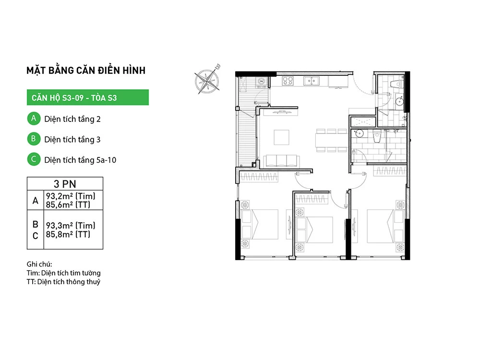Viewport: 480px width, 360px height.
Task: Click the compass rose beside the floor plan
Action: (207, 81)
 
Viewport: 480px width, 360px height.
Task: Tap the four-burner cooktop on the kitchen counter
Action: (288, 81)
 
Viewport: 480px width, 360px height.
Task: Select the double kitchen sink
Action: (312, 81)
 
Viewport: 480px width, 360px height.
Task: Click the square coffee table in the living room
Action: (282, 137)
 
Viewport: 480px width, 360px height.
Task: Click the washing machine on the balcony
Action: (261, 82)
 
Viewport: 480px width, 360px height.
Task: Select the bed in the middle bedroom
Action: (314, 230)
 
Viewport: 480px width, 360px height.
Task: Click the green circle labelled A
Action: (34, 119)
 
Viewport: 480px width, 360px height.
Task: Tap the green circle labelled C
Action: (34, 159)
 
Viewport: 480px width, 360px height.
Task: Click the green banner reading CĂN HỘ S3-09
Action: (88, 97)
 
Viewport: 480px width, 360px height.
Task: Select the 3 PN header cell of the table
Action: (65, 184)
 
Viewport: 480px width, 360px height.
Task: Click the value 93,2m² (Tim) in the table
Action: (71, 196)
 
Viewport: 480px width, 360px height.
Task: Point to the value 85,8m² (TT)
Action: (68, 235)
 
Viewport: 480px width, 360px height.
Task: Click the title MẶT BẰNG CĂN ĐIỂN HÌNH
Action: (86, 71)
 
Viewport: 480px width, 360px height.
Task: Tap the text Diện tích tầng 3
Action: (72, 140)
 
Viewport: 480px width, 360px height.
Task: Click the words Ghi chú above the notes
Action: (39, 264)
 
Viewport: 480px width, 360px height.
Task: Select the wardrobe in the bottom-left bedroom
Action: (259, 177)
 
